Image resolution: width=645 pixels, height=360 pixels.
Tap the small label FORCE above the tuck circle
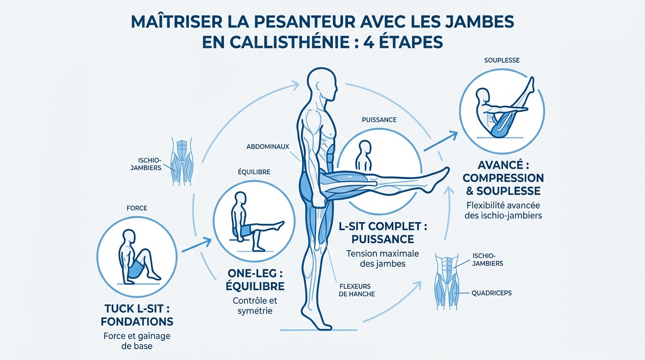tap(136, 208)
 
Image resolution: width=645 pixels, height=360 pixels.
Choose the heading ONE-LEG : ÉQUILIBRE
tap(255, 280)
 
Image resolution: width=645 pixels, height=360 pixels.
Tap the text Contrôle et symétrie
tap(255, 305)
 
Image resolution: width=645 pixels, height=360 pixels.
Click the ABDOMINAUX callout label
tap(267, 147)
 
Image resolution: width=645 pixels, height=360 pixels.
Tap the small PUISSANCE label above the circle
tap(379, 120)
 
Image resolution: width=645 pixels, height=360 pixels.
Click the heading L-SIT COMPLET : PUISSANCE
tap(382, 232)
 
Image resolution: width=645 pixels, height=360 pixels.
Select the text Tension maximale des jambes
tap(382, 258)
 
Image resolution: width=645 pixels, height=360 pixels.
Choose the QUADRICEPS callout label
tap(492, 293)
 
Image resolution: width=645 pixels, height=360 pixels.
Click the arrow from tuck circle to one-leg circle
tap(195, 246)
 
